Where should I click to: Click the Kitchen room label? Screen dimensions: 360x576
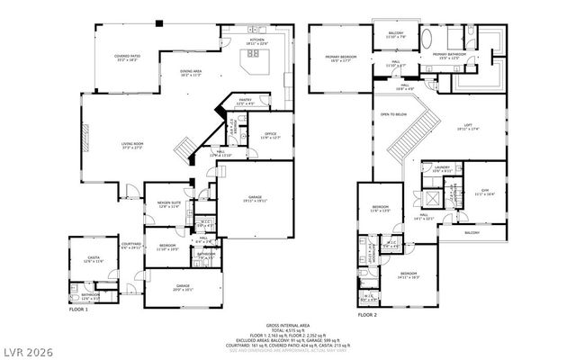[x=257, y=42]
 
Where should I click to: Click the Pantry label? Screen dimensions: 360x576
[x=246, y=103]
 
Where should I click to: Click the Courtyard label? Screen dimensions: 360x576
[x=131, y=245]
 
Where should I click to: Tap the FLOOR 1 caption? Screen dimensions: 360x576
[x=78, y=309]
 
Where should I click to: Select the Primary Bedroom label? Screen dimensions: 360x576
[x=342, y=58]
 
